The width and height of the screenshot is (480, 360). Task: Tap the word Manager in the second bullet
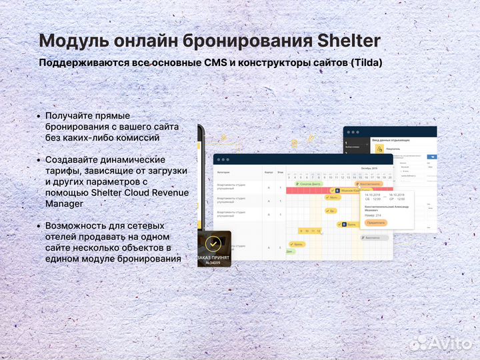pos(65,204)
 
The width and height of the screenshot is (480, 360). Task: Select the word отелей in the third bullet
pos(62,237)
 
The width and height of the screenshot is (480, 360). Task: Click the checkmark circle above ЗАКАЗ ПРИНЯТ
pos(214,243)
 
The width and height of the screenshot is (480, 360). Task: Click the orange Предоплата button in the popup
pos(375,223)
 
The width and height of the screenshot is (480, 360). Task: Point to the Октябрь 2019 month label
pos(369,169)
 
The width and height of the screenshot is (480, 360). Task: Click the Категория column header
pos(223,172)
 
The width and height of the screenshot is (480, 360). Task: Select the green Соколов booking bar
pos(311,183)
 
